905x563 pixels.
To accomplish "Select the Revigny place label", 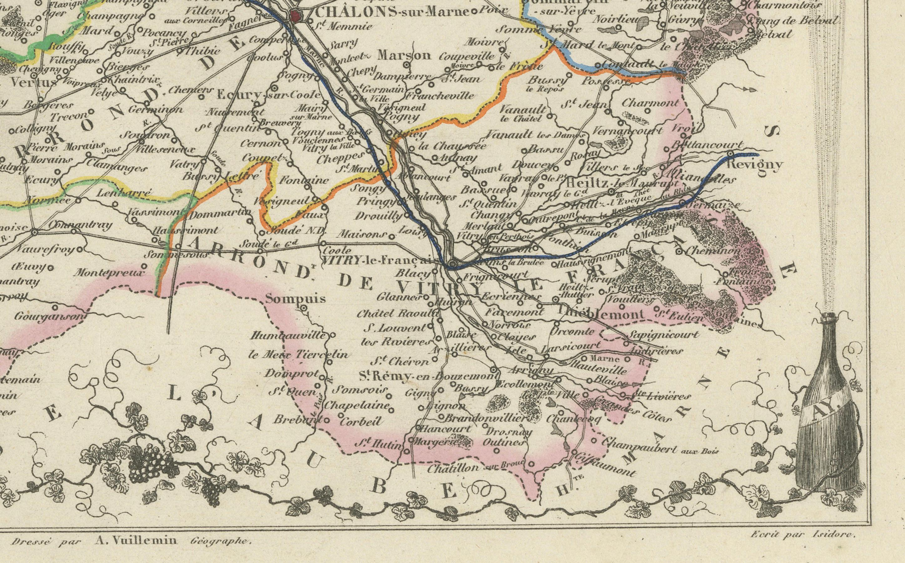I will pos(755,164).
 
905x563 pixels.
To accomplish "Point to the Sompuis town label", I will pos(296,299).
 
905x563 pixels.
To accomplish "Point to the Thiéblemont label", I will pos(600,315).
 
